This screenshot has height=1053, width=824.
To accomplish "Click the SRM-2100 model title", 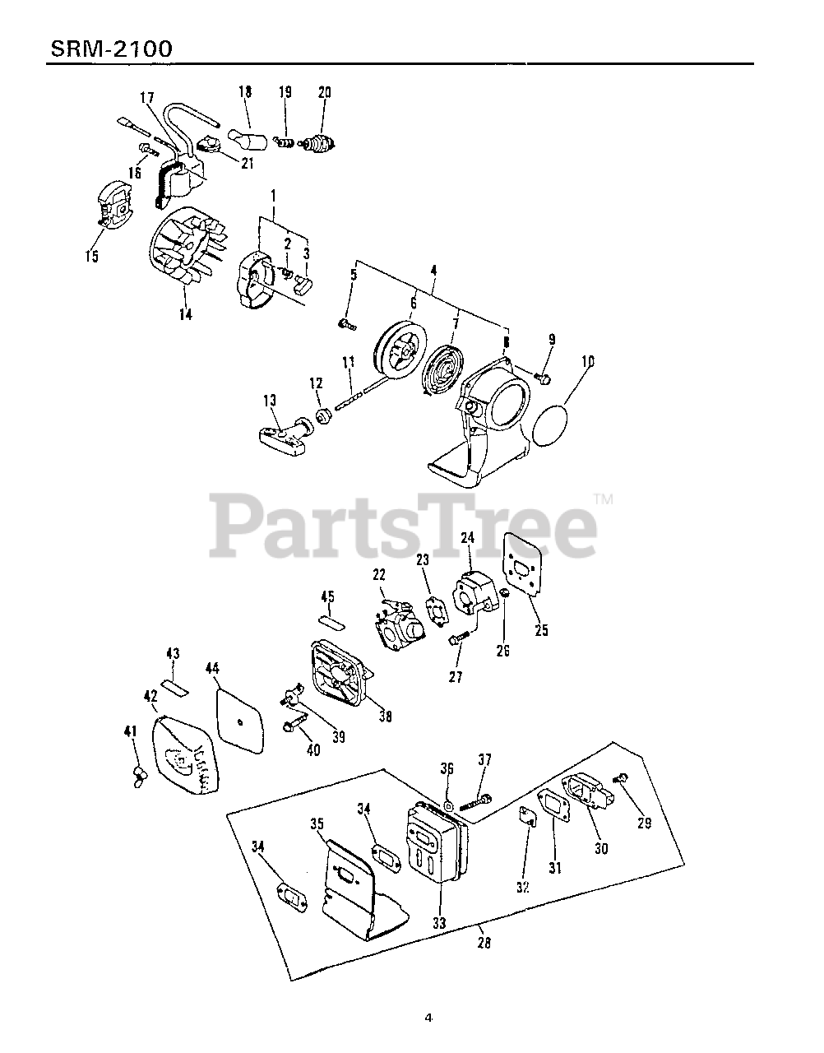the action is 111,49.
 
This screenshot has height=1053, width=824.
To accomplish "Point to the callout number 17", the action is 146,98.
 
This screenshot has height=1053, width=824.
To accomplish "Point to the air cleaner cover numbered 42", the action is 185,755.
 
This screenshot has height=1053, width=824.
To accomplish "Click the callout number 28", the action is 484,943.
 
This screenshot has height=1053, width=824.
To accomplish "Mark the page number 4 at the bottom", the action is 428,1018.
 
